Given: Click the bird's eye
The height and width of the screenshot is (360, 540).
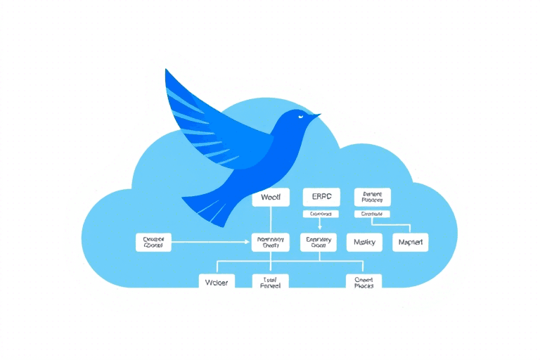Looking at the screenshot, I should pos(300,116).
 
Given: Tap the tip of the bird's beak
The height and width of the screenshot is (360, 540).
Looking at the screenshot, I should pos(320,114).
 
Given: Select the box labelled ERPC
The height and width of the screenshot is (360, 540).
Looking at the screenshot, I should pos(320,197).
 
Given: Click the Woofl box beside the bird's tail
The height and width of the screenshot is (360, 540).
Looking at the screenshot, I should pos(270,198).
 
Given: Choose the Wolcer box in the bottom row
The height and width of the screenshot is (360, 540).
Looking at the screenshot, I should pos(218,282).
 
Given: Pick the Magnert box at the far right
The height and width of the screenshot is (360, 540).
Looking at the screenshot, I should pos(410,242).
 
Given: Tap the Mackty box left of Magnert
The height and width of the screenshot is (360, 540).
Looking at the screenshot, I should pos(364,242).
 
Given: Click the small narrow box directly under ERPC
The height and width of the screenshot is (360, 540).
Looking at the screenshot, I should pos(320,214).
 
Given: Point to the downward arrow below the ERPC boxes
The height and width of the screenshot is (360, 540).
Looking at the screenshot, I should pos(320,224).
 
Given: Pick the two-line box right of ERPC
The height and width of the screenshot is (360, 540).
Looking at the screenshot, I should pos(372,196).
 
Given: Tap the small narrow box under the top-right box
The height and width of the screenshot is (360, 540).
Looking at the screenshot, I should pos(372,214).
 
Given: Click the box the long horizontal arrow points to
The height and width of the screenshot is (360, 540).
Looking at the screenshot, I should pos(270,242).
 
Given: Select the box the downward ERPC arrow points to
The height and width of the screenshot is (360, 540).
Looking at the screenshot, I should pos(320,242).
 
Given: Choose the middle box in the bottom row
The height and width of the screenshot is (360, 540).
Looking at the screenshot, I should pos(270,282).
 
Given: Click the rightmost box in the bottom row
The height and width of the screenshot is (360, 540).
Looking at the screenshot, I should pos(364,282).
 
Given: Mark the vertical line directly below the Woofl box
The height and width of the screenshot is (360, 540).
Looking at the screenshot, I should pos(270,219).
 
